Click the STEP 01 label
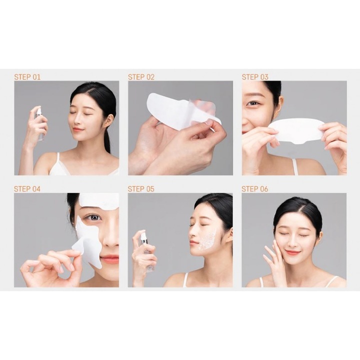pos(27,77)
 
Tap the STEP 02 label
pos(141,77)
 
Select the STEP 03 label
pos(255,77)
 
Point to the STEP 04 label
pos(27,189)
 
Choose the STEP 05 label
pos(141,189)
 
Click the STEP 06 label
pos(255,189)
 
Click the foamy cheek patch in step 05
pos(207,240)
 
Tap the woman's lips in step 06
pos(293,252)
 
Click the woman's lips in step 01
pos(77,129)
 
